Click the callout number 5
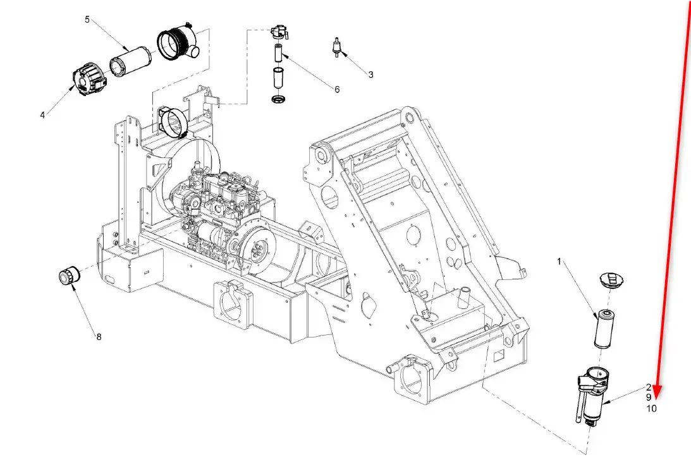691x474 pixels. [x=87, y=20]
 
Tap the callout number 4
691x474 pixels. [x=42, y=115]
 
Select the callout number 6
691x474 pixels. [x=337, y=89]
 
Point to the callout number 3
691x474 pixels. [x=370, y=75]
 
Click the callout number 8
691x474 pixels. [x=99, y=337]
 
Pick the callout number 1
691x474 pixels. [x=560, y=262]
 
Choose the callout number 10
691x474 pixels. [x=651, y=409]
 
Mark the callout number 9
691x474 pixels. [x=649, y=398]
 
